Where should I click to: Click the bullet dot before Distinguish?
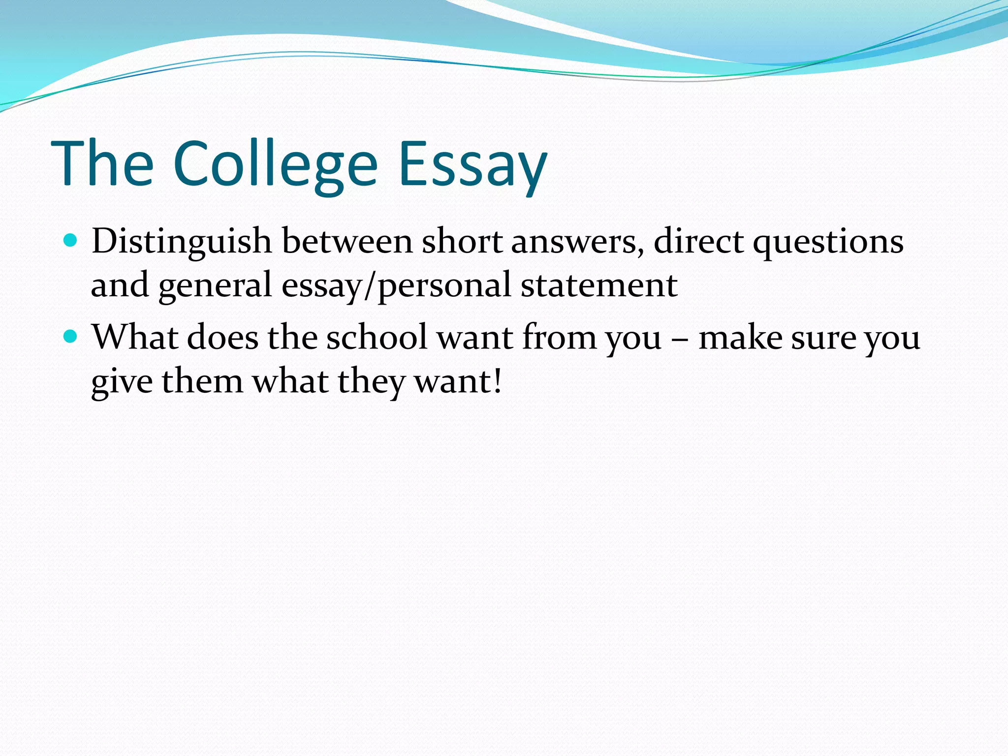pyautogui.click(x=71, y=241)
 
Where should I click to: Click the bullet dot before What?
pyautogui.click(x=71, y=337)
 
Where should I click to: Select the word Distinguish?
pyautogui.click(x=182, y=242)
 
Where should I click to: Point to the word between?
pyautogui.click(x=347, y=242)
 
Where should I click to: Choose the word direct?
pyautogui.click(x=698, y=242)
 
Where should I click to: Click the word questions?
pyautogui.click(x=828, y=243)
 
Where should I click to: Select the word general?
pyautogui.click(x=215, y=285)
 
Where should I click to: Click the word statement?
pyautogui.click(x=599, y=285)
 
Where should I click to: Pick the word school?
pyautogui.click(x=377, y=338)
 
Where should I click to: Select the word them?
pyautogui.click(x=202, y=381)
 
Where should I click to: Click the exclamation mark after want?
pyautogui.click(x=498, y=381)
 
